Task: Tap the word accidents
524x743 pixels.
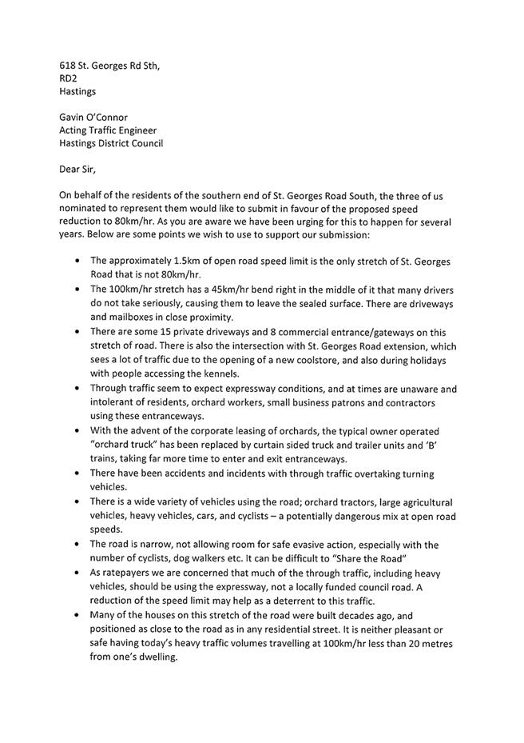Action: (x=185, y=473)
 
